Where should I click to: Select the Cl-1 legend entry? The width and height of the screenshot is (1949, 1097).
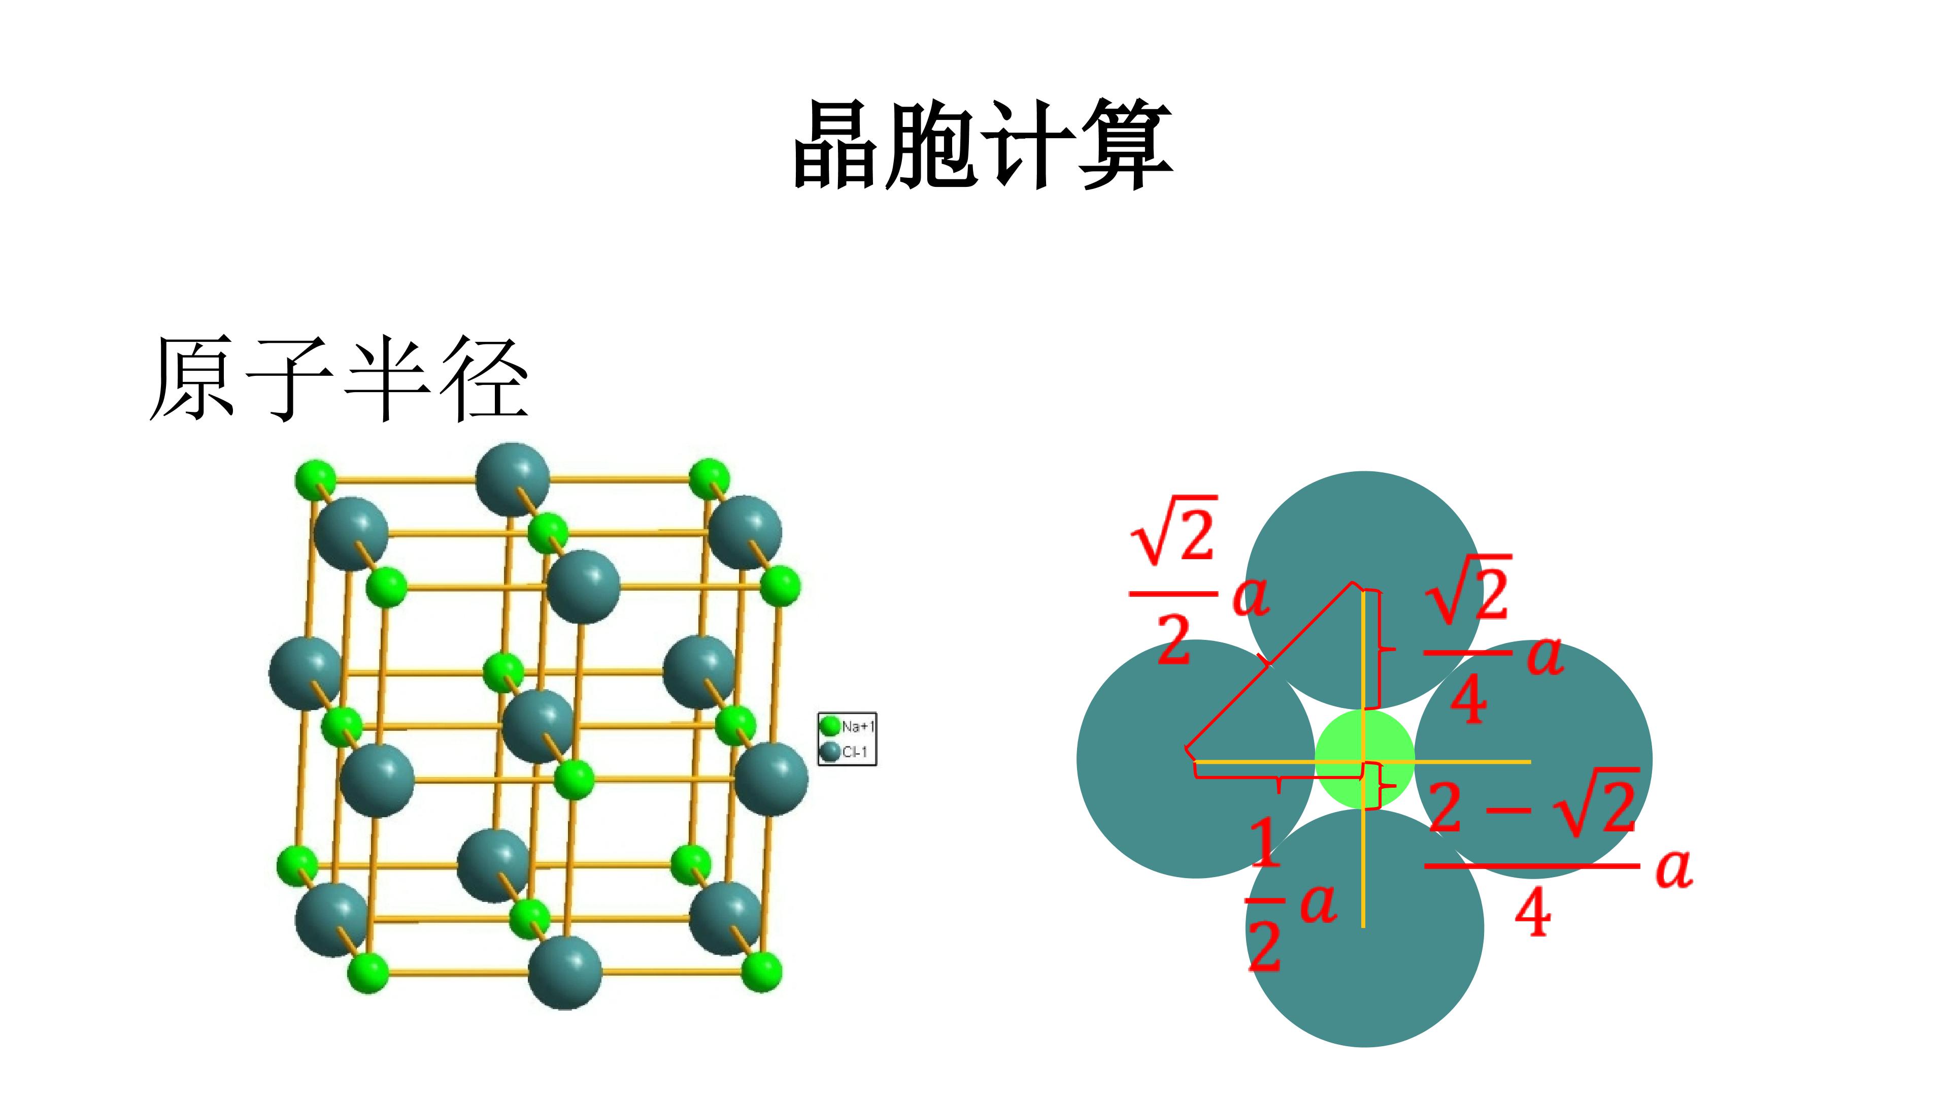tap(845, 752)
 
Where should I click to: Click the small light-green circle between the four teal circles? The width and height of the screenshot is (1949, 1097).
tap(1364, 759)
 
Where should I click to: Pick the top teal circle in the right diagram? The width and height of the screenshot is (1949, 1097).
tap(1364, 591)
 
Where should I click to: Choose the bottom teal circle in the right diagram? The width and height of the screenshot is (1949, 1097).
tap(1364, 928)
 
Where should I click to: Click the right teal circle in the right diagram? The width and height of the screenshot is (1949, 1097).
tap(1533, 759)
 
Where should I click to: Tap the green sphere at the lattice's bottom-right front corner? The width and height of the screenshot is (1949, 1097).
tap(761, 972)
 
